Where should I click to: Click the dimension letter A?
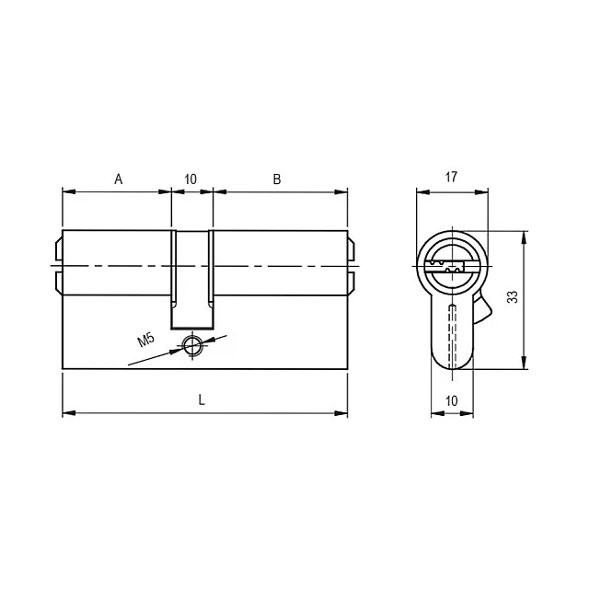click(119, 179)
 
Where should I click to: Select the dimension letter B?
click(277, 179)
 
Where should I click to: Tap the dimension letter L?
click(202, 400)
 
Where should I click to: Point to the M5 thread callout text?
click(145, 340)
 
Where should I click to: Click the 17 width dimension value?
click(451, 177)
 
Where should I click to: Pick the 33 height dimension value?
click(513, 296)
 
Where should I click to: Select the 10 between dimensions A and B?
click(191, 179)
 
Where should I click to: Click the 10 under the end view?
click(452, 401)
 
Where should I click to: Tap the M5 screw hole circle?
click(192, 345)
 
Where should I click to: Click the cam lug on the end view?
click(482, 309)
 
